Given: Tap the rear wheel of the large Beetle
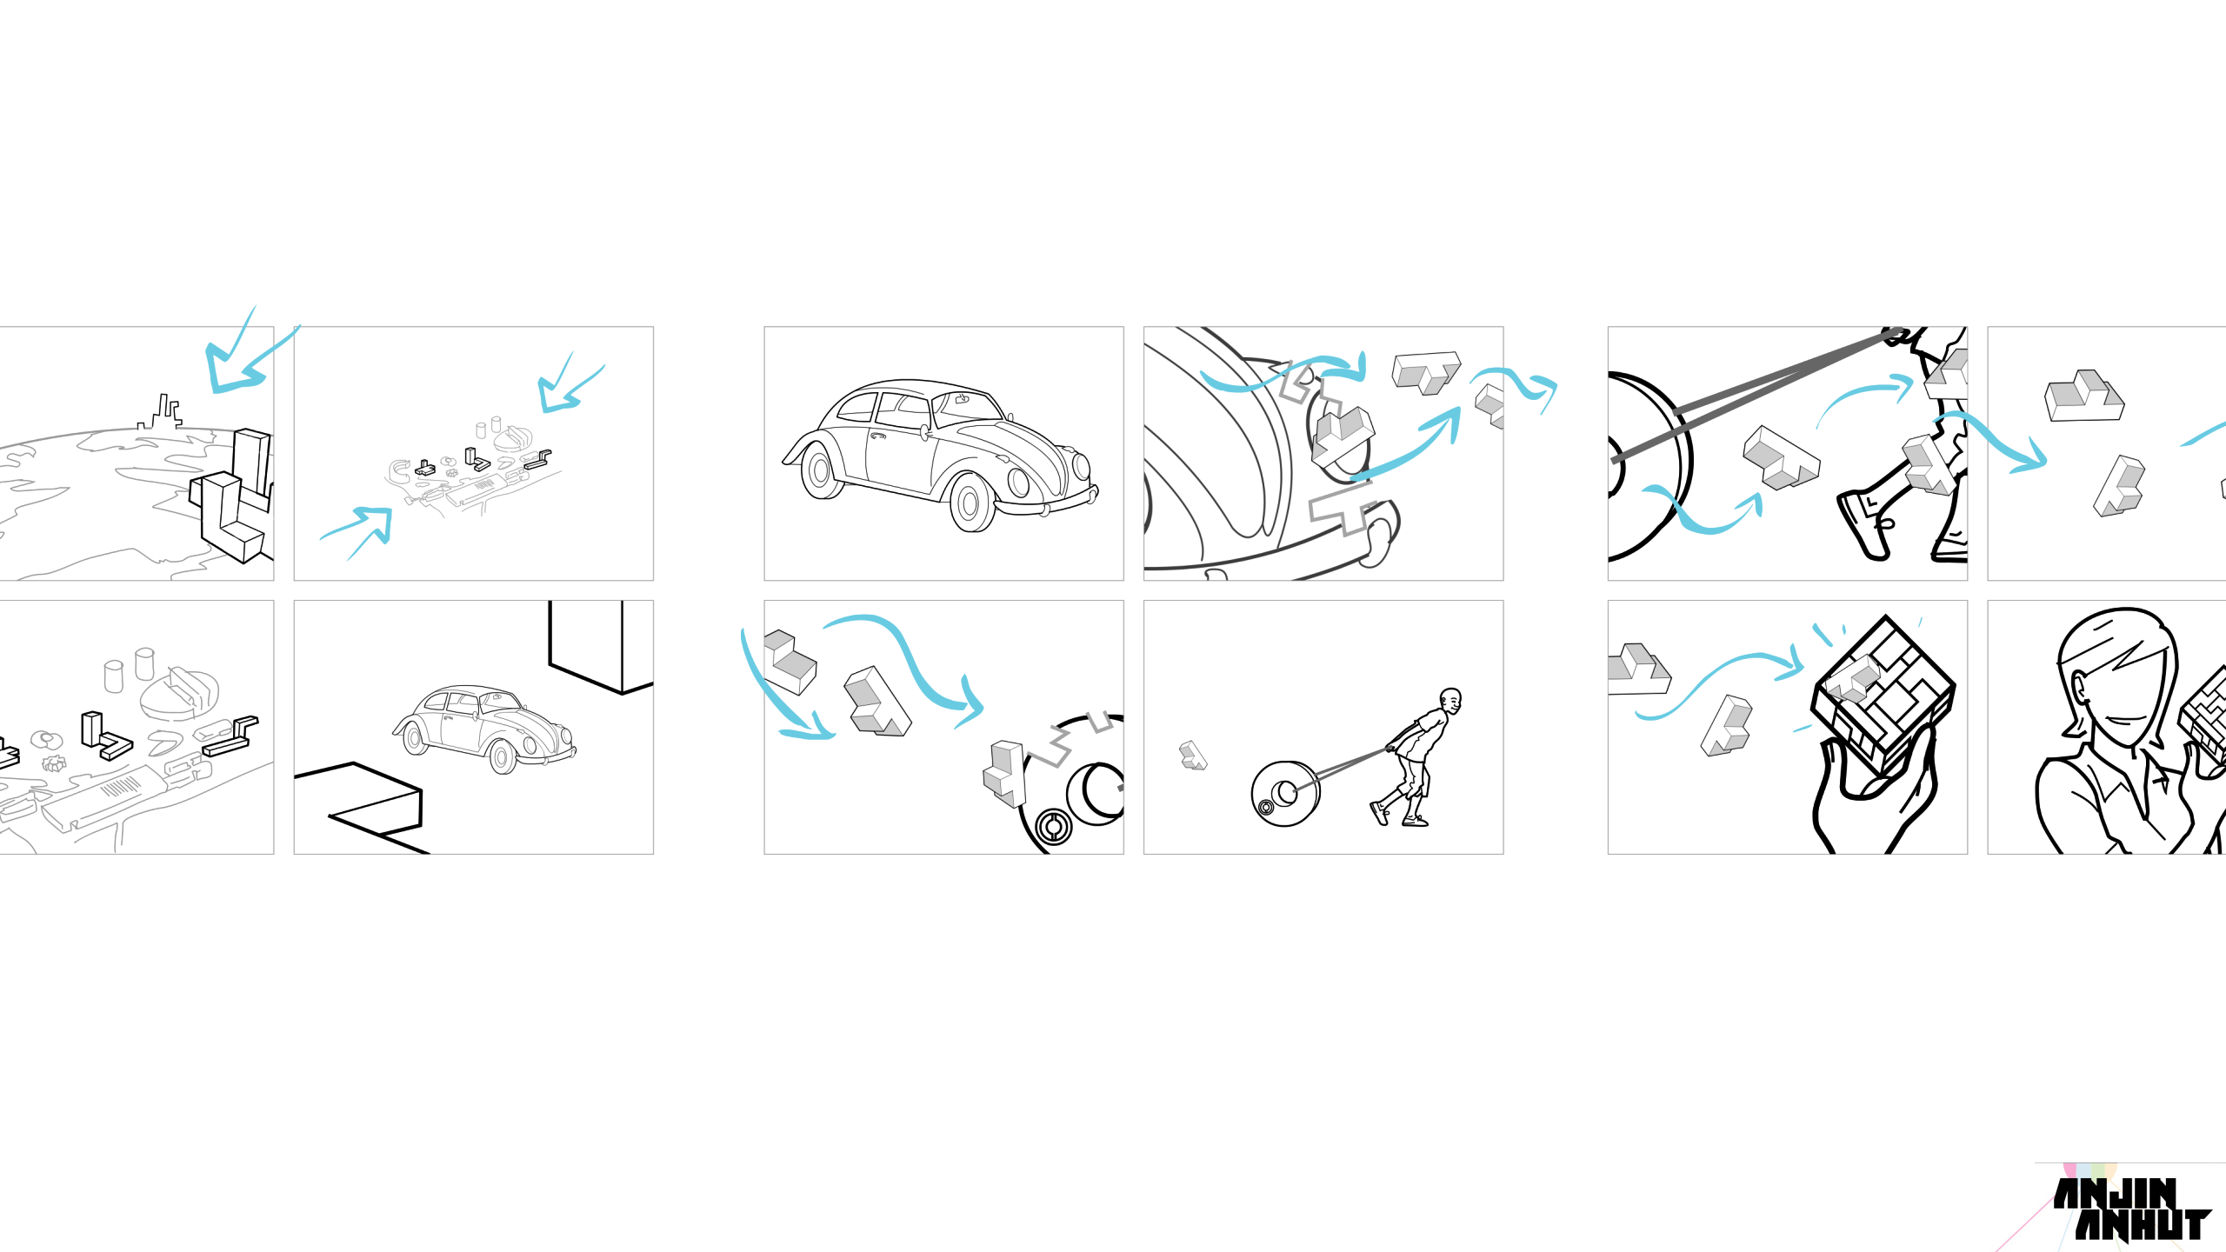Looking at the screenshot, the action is pyautogui.click(x=819, y=470).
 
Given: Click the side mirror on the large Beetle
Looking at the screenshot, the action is pyautogui.click(x=924, y=432).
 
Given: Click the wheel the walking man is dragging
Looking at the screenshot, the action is pyautogui.click(x=1285, y=793).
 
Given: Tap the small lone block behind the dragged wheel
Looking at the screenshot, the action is pyautogui.click(x=1193, y=755).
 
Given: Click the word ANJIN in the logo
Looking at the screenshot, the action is pyautogui.click(x=2115, y=1193).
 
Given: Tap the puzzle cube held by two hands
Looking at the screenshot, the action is pyautogui.click(x=1883, y=696).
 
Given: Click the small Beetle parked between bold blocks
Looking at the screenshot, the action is pyautogui.click(x=484, y=729).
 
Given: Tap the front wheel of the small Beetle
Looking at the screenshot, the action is pyautogui.click(x=502, y=757).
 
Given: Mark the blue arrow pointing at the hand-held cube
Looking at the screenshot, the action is pyautogui.click(x=1718, y=683).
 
